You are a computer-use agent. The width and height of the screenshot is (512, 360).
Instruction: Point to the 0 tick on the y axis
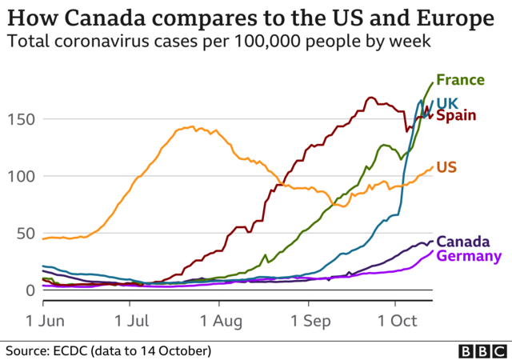tap(27, 290)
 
